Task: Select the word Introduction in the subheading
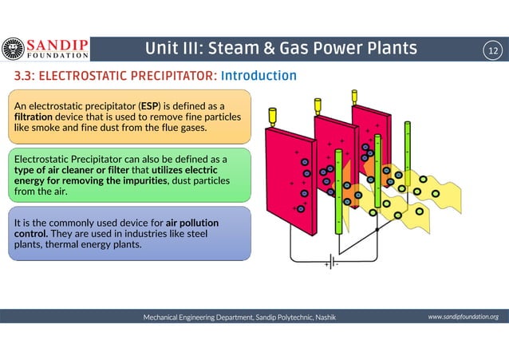(x=258, y=76)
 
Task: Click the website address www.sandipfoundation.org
(x=463, y=317)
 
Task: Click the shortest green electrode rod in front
(x=337, y=192)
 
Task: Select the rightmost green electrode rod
(x=407, y=152)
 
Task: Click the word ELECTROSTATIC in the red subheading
(x=73, y=76)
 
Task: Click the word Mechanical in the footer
(x=165, y=317)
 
